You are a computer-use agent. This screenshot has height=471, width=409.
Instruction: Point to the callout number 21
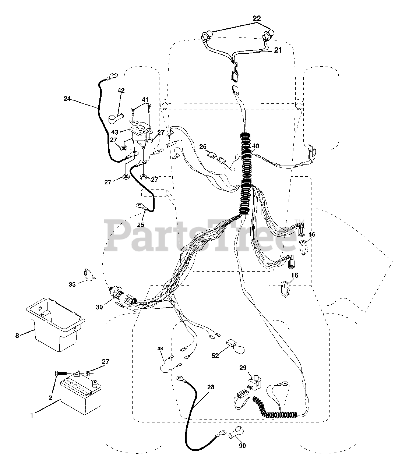278,50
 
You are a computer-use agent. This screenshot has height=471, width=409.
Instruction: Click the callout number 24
67,99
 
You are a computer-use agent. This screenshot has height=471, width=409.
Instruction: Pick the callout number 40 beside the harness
255,146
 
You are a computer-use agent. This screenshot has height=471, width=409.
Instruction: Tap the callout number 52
215,355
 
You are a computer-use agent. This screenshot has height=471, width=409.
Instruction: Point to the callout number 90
242,446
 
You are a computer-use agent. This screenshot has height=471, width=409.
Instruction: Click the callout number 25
141,224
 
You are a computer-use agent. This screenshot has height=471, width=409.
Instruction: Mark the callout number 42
121,91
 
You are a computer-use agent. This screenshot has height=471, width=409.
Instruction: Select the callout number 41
145,99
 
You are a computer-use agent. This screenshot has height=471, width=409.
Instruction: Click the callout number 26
202,146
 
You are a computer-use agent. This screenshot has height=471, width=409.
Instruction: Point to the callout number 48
160,348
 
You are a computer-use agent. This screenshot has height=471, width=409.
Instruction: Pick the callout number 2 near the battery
50,397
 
